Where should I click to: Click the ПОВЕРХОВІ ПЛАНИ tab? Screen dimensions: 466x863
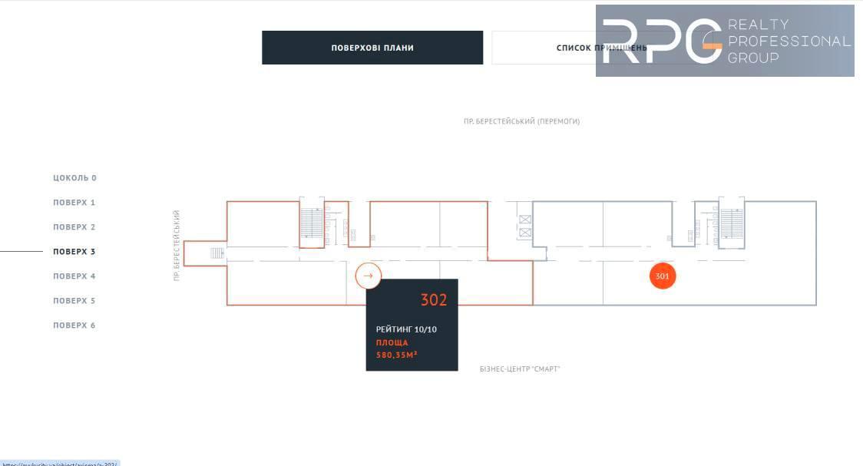[372, 48]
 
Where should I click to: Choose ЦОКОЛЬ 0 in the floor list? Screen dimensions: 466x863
[74, 178]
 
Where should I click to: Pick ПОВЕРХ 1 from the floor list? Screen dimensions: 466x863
[74, 203]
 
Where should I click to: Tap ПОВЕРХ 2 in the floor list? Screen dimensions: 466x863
[74, 227]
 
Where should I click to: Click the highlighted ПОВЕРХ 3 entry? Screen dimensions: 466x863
[74, 252]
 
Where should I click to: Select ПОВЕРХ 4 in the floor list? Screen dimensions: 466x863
[74, 276]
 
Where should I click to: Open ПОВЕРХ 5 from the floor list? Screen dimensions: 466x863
[74, 301]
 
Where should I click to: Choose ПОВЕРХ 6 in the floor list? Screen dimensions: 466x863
[74, 326]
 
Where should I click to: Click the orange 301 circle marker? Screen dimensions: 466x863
[663, 276]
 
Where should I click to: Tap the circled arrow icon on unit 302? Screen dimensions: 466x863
[368, 276]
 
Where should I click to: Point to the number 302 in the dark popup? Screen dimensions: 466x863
[434, 300]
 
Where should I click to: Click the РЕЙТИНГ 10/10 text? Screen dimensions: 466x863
[406, 329]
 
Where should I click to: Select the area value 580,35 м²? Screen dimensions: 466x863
[396, 355]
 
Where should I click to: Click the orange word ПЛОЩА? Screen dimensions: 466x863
[392, 342]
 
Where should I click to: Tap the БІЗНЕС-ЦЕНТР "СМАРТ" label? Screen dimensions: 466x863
[520, 369]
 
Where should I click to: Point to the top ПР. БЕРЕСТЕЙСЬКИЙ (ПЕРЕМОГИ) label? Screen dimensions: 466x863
[521, 121]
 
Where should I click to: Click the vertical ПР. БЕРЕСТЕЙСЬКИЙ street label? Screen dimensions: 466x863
[177, 245]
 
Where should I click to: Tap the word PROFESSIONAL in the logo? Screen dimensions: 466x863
[789, 41]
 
